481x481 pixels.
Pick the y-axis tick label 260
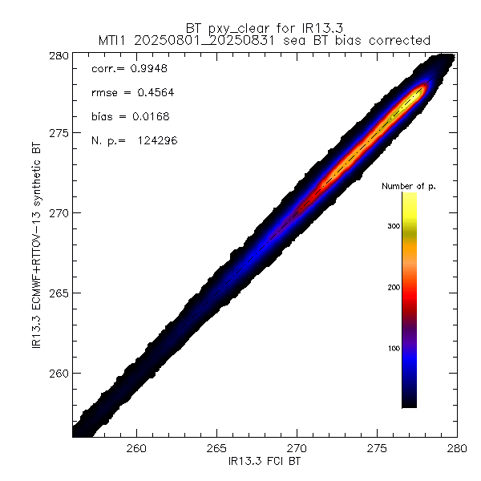(x=56, y=374)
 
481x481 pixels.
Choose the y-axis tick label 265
(x=56, y=293)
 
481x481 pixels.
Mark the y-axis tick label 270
(x=56, y=213)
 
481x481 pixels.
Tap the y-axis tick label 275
(x=56, y=133)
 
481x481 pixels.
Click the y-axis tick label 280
(x=56, y=56)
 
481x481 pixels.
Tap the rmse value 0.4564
(x=152, y=92)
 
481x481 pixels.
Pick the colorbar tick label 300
(x=392, y=227)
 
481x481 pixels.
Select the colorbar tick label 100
(x=392, y=348)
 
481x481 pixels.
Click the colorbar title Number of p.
(x=408, y=186)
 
